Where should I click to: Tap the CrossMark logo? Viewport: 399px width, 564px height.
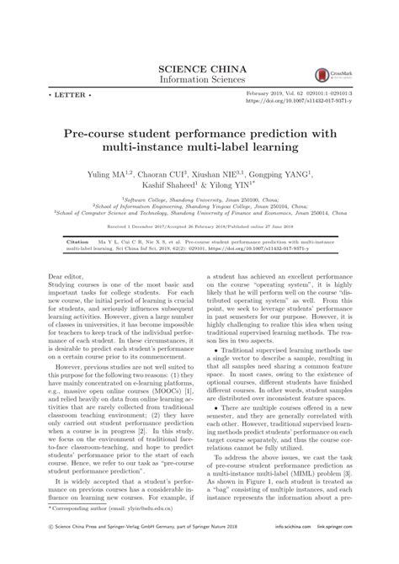coord(321,75)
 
